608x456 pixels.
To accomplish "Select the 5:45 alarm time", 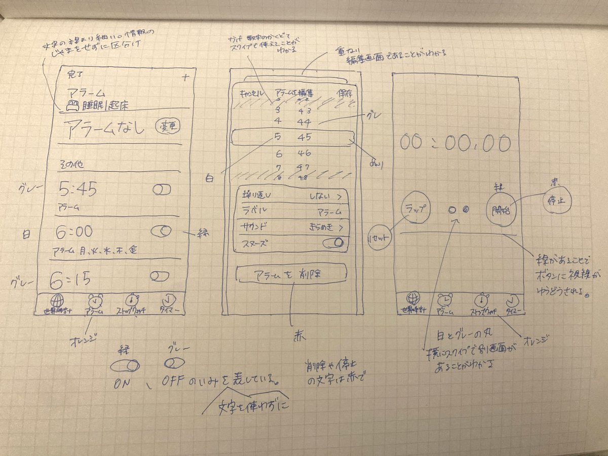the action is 78,190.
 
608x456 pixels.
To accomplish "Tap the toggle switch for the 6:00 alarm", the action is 162,231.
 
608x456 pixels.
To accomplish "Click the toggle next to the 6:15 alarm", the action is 160,276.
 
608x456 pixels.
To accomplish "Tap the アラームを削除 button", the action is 291,275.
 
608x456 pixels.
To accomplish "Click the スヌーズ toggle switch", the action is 333,243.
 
